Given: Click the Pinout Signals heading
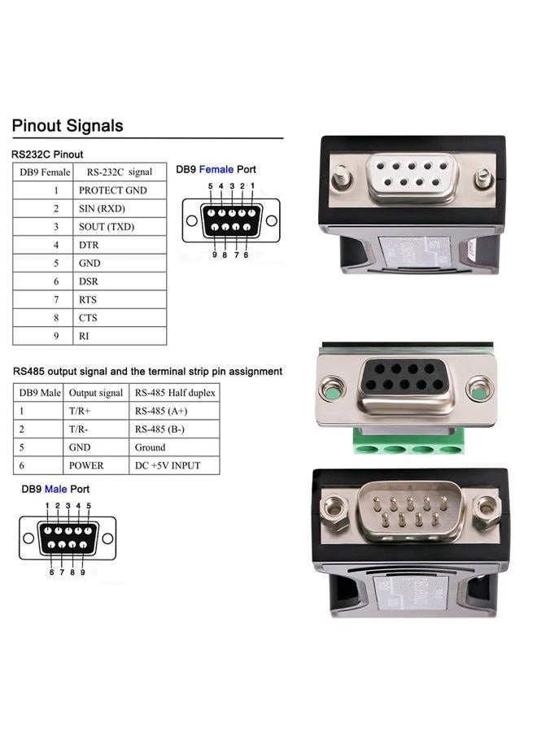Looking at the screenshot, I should click(x=68, y=126).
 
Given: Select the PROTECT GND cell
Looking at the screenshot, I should click(x=112, y=190).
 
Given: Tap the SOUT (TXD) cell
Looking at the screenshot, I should click(x=107, y=227).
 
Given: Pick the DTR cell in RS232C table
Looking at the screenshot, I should click(x=89, y=245).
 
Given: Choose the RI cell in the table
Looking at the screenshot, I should click(x=84, y=336).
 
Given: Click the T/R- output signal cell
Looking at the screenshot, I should click(x=81, y=429).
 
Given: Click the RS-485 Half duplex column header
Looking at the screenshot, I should click(x=176, y=393).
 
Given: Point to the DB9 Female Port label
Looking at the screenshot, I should click(x=216, y=169).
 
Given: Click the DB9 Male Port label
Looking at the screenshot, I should click(x=55, y=489).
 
